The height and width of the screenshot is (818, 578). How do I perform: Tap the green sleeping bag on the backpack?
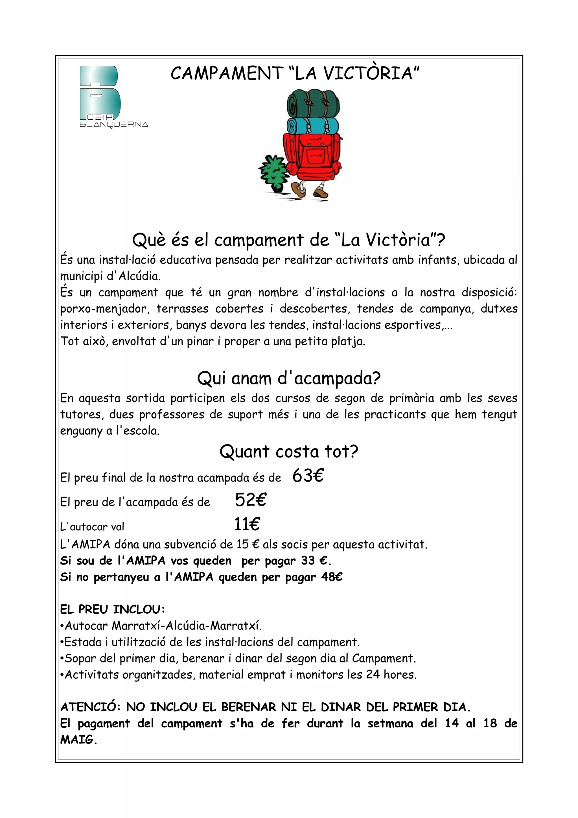tap(313, 103)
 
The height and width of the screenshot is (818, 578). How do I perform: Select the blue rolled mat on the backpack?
tap(313, 125)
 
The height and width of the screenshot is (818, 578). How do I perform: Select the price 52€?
tap(250, 500)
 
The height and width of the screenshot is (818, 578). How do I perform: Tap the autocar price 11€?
tap(247, 524)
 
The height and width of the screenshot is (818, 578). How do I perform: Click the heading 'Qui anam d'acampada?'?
tap(289, 378)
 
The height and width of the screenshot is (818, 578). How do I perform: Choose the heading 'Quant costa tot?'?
tap(289, 451)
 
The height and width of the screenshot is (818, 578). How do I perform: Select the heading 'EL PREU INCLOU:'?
tap(112, 610)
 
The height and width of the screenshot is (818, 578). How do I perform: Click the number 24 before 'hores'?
tap(373, 674)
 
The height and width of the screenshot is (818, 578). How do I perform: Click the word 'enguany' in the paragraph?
tap(81, 431)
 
